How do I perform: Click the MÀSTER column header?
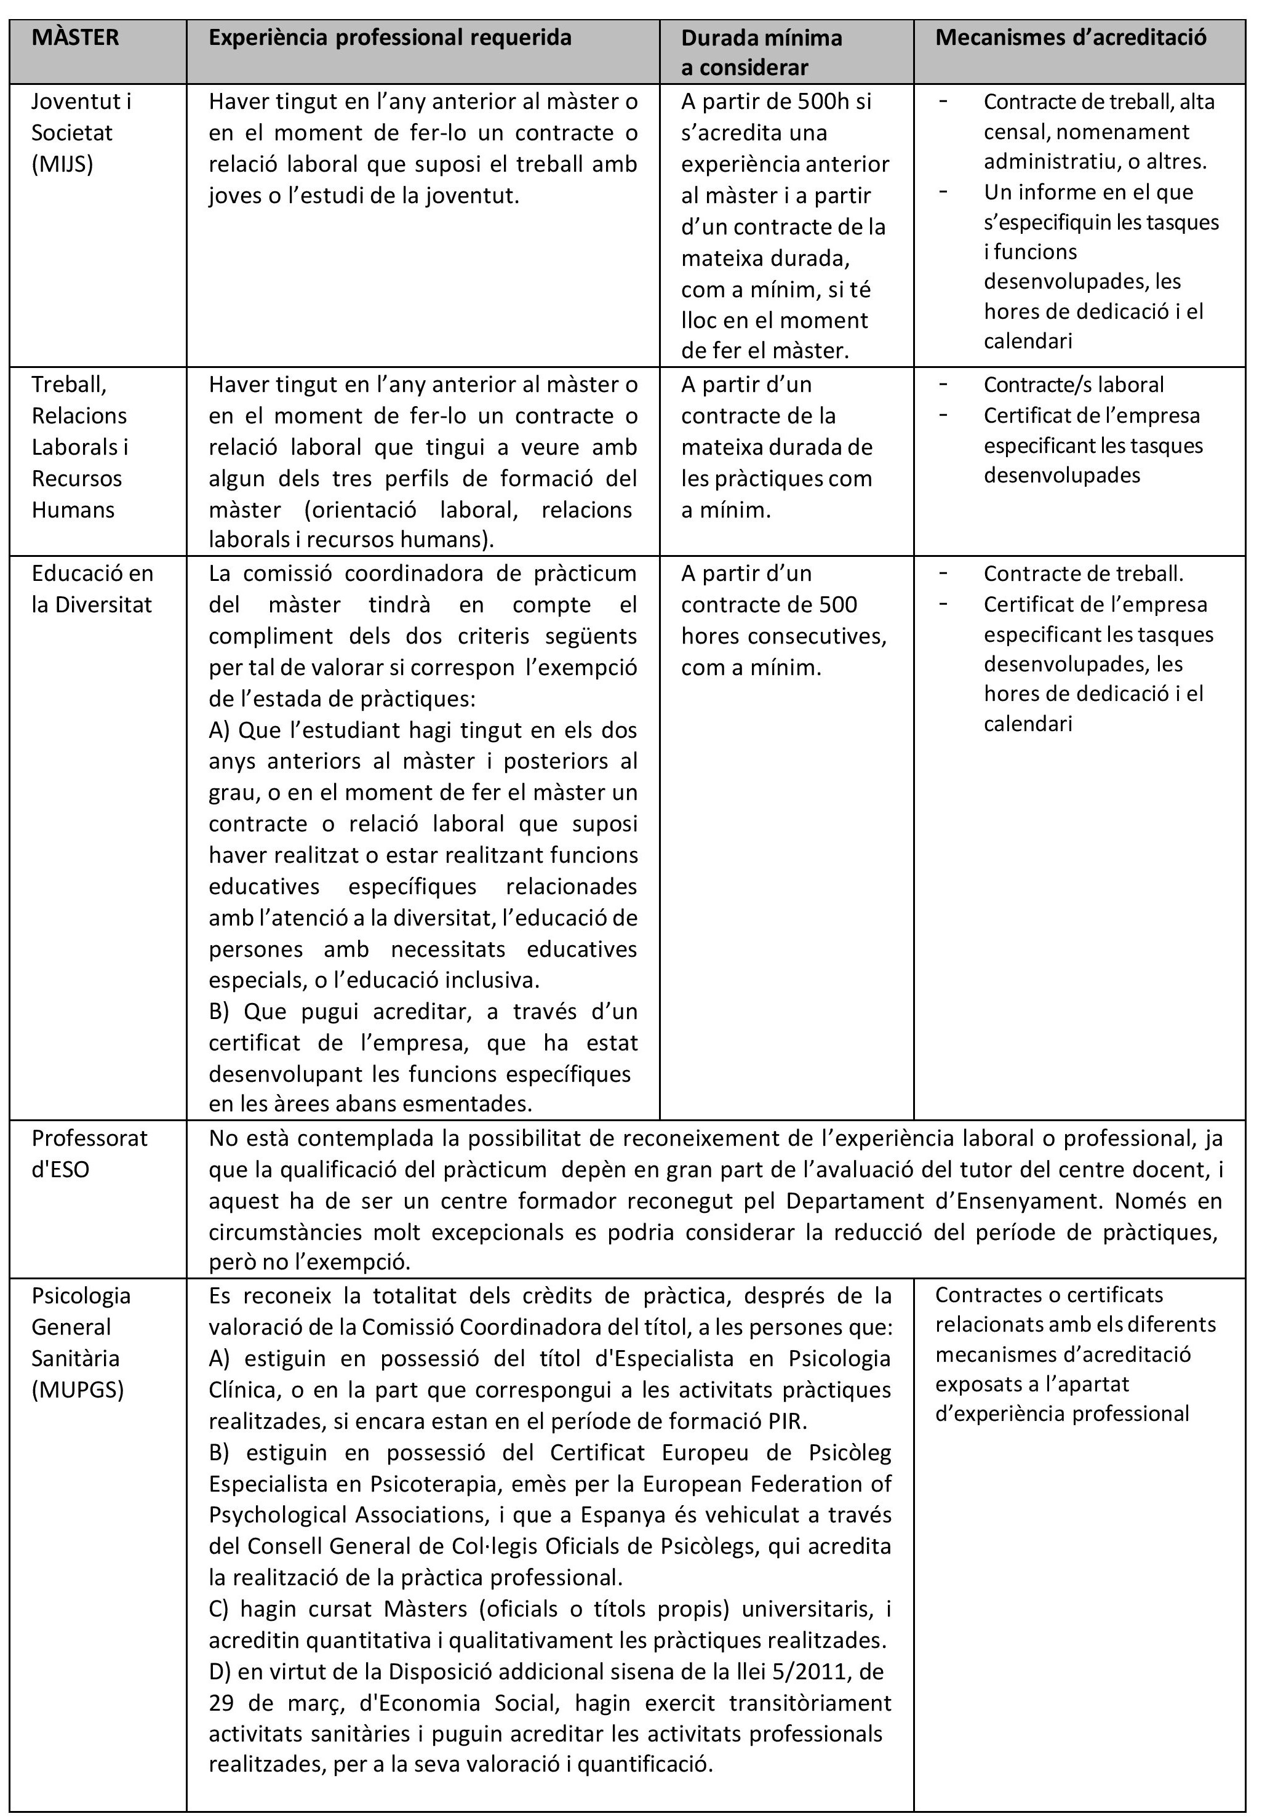click(75, 37)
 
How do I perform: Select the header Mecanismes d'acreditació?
click(1071, 37)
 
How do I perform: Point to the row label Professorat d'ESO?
click(89, 1154)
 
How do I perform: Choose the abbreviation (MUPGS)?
click(78, 1389)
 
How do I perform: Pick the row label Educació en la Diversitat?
click(92, 589)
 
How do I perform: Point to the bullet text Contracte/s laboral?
click(1073, 385)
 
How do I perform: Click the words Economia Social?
click(458, 1702)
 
